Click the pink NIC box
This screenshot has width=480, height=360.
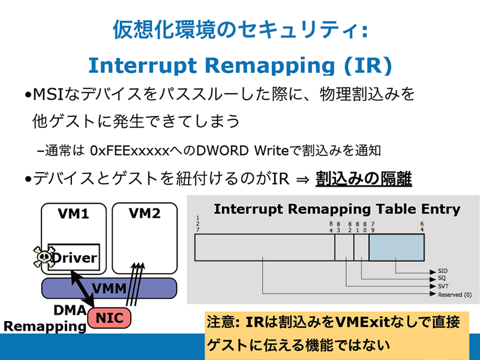tap(109, 318)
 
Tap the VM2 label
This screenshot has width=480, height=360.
tap(145, 214)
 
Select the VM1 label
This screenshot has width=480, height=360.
tap(73, 214)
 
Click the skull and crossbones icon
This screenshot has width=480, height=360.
tap(43, 257)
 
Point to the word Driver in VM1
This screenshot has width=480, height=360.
tap(74, 257)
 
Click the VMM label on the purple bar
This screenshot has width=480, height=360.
tap(109, 289)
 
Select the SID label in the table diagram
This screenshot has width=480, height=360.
tap(443, 271)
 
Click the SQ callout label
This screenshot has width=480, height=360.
tap(442, 278)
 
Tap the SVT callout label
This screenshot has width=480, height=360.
tap(443, 286)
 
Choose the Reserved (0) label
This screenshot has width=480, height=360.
tap(455, 295)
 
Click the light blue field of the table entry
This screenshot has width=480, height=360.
tap(397, 247)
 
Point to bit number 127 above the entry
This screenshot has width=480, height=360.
tap(198, 224)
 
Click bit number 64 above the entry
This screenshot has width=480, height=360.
tap(422, 227)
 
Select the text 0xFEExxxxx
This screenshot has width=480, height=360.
tap(130, 151)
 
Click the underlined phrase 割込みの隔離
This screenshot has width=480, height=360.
tap(364, 178)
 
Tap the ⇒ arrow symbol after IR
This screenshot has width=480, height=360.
tap(302, 179)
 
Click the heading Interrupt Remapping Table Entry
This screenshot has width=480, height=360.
tap(337, 209)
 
